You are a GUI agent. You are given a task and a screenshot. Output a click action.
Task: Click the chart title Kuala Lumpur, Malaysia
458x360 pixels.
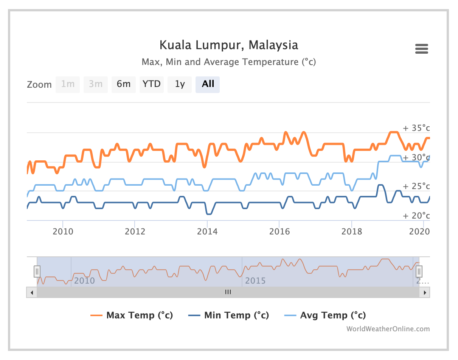(x=228, y=45)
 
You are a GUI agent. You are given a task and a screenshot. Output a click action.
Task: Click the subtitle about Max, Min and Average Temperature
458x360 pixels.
(x=228, y=62)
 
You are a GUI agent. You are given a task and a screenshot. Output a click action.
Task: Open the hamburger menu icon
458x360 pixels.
(x=421, y=49)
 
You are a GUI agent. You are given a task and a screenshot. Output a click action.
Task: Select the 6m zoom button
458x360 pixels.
(x=123, y=84)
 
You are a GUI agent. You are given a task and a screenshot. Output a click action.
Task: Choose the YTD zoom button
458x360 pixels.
(x=151, y=84)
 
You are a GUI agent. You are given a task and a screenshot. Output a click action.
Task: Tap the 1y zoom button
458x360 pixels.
(x=180, y=84)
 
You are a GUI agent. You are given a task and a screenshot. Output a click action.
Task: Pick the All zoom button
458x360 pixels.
(x=208, y=84)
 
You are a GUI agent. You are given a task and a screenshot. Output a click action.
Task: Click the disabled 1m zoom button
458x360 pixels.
(x=68, y=84)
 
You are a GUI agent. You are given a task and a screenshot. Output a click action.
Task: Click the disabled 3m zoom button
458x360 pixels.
(x=96, y=84)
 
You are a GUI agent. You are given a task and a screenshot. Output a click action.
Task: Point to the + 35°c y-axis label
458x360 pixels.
(x=416, y=128)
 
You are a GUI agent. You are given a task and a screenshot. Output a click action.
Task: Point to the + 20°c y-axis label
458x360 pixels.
(x=416, y=216)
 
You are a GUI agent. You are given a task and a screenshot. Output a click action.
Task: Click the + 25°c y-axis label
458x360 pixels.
(x=416, y=186)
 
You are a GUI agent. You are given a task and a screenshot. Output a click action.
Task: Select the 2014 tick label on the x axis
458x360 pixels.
(x=207, y=231)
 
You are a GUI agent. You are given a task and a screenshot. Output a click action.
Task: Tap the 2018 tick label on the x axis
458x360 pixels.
(x=351, y=231)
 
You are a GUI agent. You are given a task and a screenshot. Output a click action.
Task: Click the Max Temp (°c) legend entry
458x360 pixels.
(x=132, y=315)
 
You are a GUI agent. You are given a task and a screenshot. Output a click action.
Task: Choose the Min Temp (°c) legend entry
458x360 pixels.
(x=229, y=315)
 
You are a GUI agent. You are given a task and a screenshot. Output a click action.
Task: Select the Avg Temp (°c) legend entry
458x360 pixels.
(x=325, y=315)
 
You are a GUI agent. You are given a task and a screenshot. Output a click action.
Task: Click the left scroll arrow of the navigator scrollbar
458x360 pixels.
(x=32, y=292)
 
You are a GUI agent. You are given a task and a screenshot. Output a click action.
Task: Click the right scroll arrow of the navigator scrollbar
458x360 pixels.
(x=425, y=292)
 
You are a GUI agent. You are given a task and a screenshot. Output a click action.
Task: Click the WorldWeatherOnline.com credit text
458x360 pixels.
(x=388, y=329)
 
